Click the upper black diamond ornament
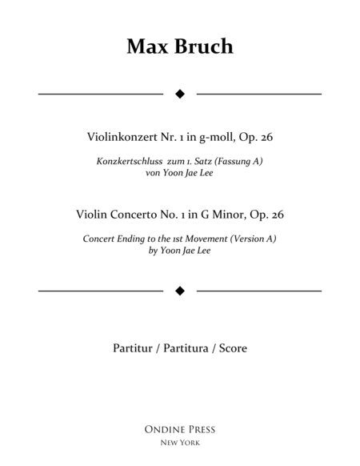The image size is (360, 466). click(180, 94)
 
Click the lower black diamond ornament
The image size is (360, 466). click(180, 290)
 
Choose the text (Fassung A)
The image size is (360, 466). click(239, 161)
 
